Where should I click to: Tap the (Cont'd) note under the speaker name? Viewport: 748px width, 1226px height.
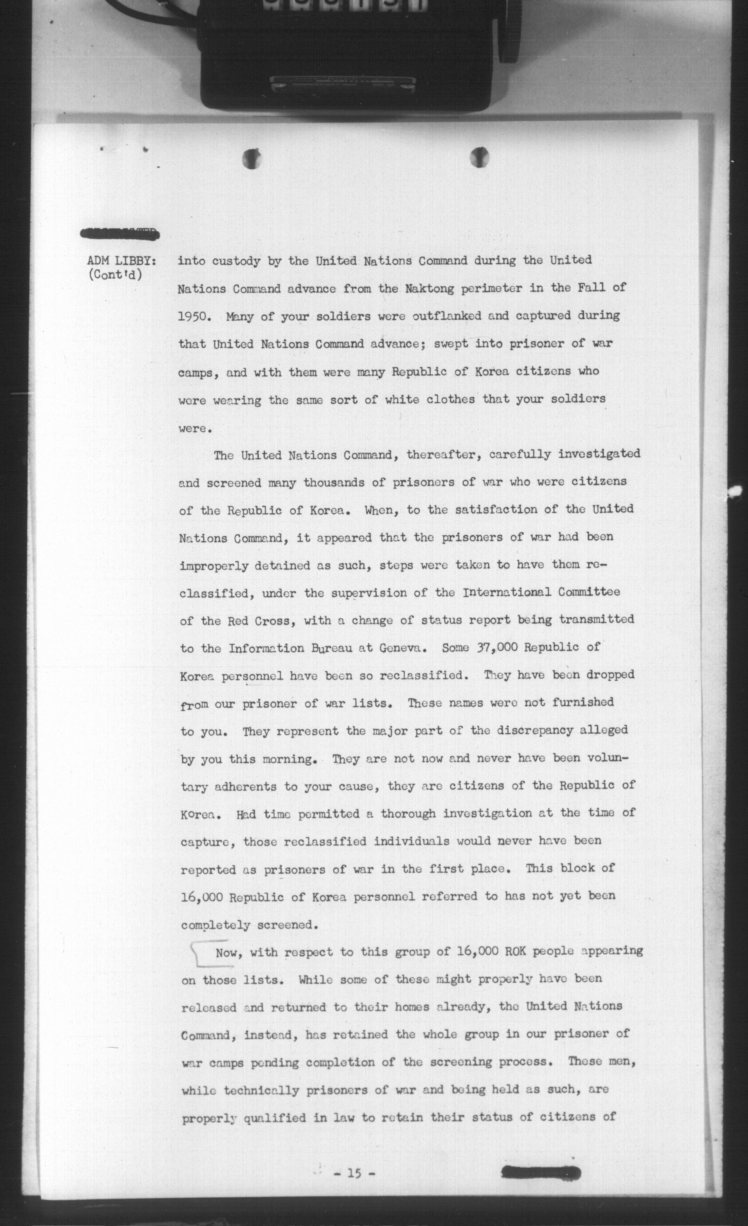(114, 275)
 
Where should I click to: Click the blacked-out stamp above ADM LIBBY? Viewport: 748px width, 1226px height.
(120, 233)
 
